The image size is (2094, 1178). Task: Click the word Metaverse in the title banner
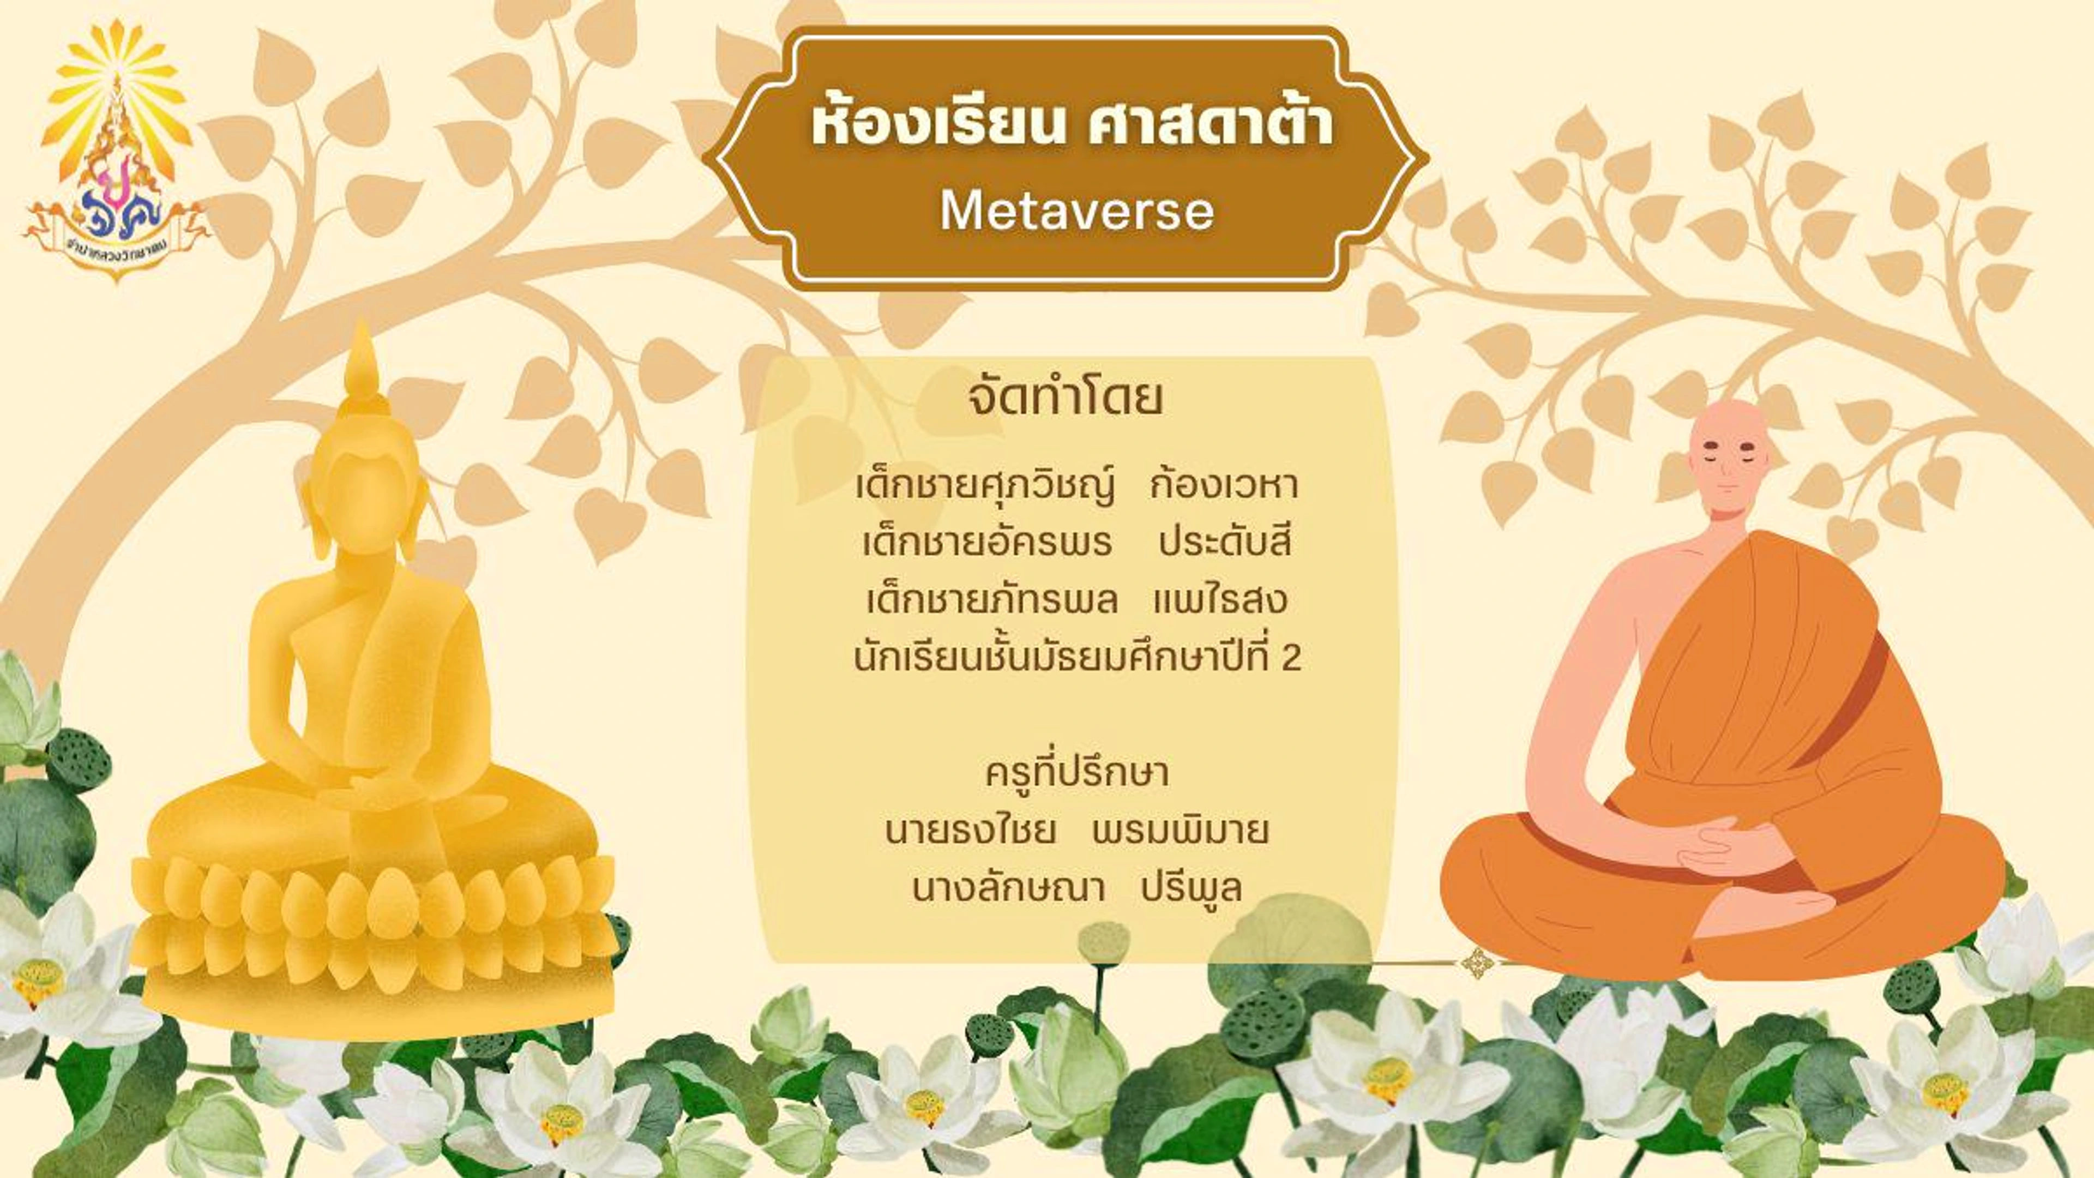pyautogui.click(x=1076, y=212)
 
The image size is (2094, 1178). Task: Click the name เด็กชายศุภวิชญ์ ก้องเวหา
pyautogui.click(x=1076, y=486)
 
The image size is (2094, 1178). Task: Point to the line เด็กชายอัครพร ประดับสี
pyautogui.click(x=1076, y=543)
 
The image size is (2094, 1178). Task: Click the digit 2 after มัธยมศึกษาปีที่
pyautogui.click(x=1291, y=658)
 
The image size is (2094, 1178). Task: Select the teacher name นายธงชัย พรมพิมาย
pyautogui.click(x=1076, y=831)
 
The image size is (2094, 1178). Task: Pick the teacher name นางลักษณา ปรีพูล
pyautogui.click(x=1076, y=888)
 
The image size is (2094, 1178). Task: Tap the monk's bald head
pyautogui.click(x=1729, y=435)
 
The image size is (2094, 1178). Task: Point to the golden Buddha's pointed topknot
pyautogui.click(x=361, y=362)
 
